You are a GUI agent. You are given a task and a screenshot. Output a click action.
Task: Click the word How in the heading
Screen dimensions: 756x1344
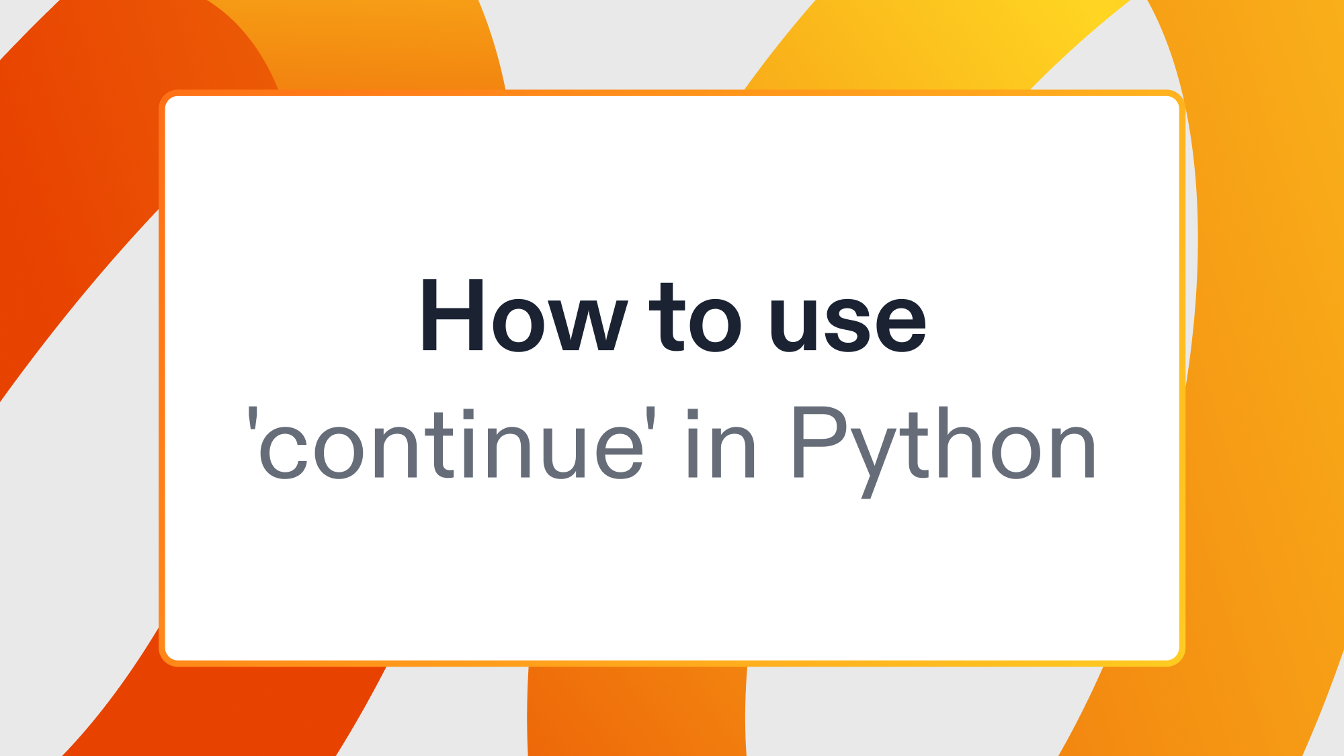(523, 316)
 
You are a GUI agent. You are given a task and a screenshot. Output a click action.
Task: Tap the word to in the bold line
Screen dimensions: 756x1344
(695, 318)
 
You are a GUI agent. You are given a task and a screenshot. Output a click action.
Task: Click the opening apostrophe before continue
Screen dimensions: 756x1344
(253, 417)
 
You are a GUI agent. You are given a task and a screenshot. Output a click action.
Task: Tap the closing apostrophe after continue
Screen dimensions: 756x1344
(650, 417)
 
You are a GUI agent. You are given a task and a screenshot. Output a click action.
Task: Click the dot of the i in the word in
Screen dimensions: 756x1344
(693, 414)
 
